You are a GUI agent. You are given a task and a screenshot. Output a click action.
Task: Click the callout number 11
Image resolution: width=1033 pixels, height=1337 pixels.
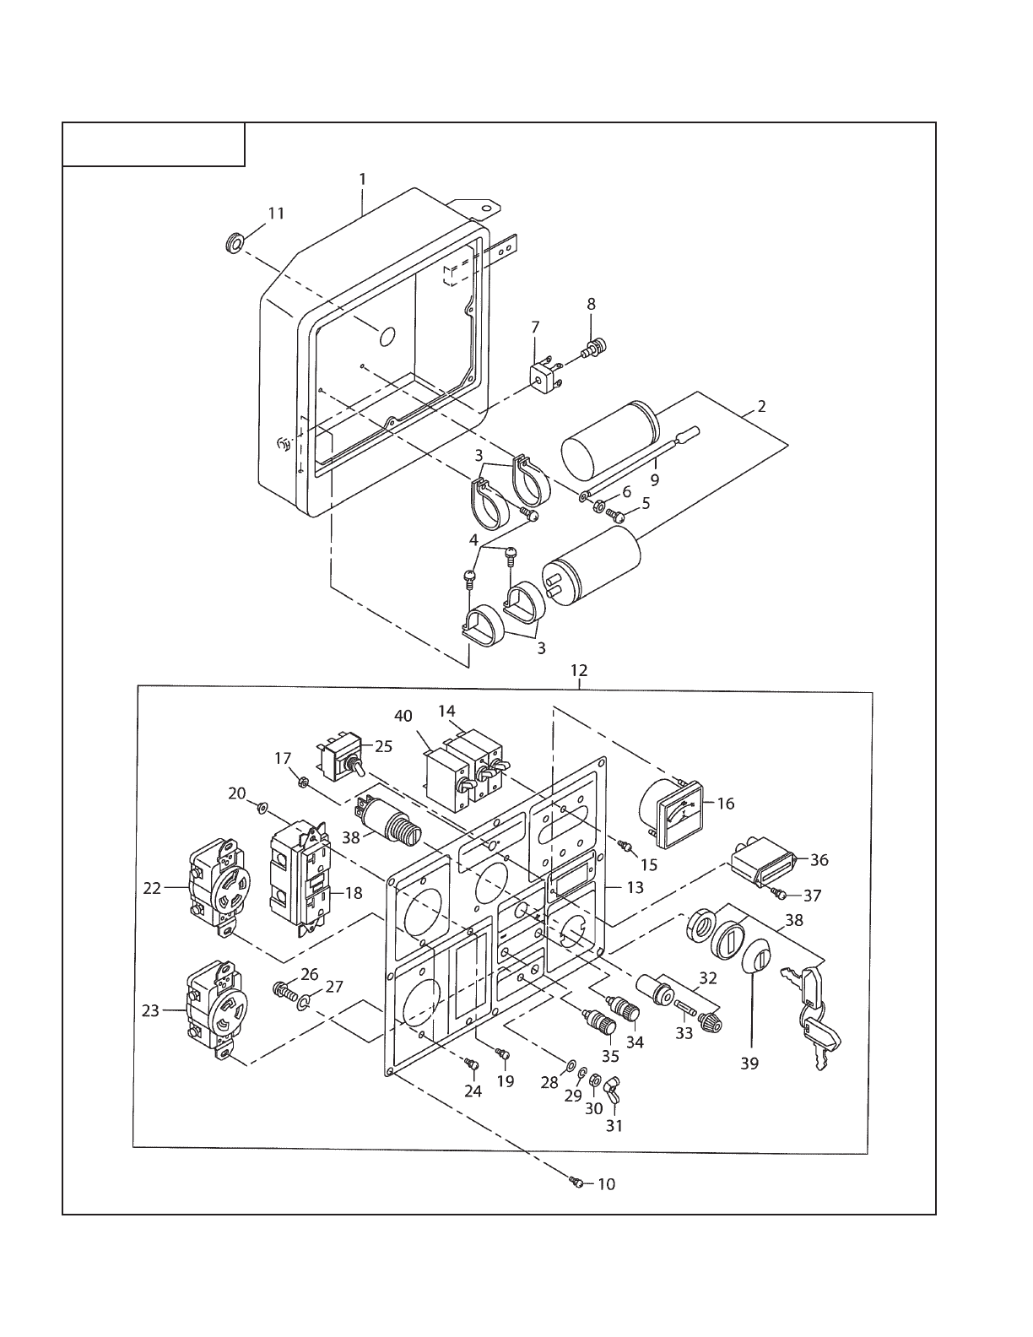pyautogui.click(x=277, y=214)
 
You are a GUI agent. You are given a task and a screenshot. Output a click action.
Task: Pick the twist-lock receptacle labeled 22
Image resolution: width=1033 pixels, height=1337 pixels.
pyautogui.click(x=218, y=888)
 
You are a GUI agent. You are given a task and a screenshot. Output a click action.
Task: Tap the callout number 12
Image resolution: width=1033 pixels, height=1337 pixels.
pyautogui.click(x=579, y=670)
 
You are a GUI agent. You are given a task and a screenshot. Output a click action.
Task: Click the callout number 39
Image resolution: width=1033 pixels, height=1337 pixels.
pyautogui.click(x=749, y=1064)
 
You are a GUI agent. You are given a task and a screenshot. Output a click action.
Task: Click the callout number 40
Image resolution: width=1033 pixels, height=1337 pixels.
pyautogui.click(x=403, y=716)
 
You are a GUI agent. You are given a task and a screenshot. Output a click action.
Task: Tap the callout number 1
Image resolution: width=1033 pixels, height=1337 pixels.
pyautogui.click(x=362, y=179)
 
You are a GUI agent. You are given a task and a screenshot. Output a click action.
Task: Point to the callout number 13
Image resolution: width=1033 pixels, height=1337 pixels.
pyautogui.click(x=635, y=887)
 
